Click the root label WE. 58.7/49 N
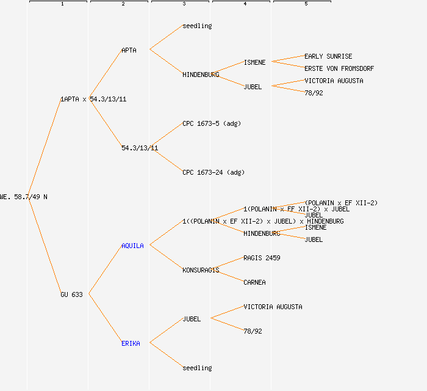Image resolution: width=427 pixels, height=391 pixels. click(x=24, y=197)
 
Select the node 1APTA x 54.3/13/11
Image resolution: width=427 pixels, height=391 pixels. click(x=93, y=99)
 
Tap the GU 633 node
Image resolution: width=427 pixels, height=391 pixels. click(x=71, y=294)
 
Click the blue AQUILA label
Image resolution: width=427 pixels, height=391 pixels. click(x=132, y=246)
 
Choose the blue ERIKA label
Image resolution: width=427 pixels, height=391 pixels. click(x=131, y=343)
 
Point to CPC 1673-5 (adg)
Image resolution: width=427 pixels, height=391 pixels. click(x=212, y=123)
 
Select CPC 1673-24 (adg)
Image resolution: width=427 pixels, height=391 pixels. click(x=213, y=172)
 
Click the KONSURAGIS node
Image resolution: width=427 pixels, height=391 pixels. click(x=201, y=270)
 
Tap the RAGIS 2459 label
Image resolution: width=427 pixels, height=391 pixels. click(x=262, y=258)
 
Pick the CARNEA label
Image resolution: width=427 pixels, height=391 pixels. click(x=254, y=282)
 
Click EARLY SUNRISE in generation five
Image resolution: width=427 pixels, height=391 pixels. click(x=328, y=56)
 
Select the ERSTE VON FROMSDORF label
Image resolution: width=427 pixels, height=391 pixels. click(x=339, y=68)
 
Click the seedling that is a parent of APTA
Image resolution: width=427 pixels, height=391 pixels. click(x=197, y=26)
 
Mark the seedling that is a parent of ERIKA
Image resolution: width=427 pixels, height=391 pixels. click(x=197, y=368)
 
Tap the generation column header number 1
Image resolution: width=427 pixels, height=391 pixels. click(x=62, y=4)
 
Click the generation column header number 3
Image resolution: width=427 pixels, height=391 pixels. click(x=184, y=4)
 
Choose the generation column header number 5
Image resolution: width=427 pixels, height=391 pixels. click(x=306, y=4)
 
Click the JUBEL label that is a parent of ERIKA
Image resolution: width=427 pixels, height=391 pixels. click(x=192, y=319)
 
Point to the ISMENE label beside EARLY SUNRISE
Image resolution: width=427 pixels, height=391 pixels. click(x=254, y=62)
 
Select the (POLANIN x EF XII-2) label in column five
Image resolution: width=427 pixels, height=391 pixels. click(x=341, y=203)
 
